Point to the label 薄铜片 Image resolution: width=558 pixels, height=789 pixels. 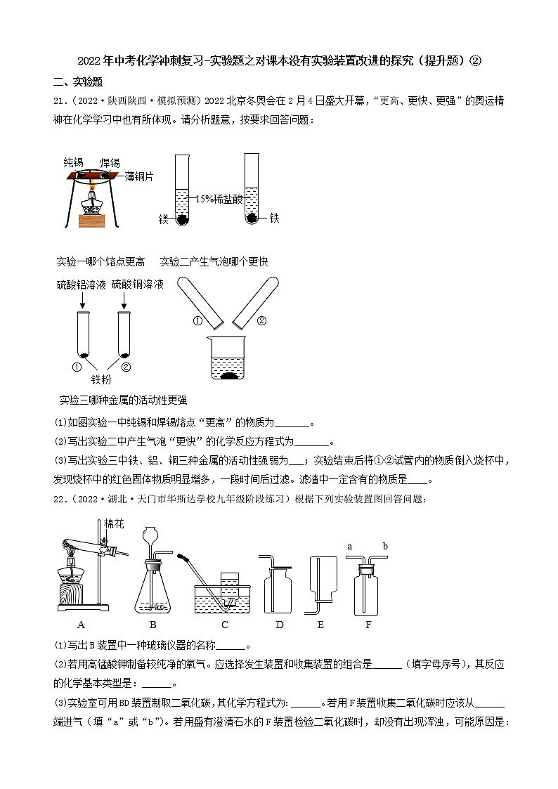point(138,177)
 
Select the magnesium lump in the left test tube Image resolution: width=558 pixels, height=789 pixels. point(182,219)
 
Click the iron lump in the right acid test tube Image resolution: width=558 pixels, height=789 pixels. point(252,219)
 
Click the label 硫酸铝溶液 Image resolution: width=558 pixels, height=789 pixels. point(81,284)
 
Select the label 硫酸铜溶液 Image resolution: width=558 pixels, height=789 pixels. point(137,284)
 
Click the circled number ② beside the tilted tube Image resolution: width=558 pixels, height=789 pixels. point(261,322)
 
